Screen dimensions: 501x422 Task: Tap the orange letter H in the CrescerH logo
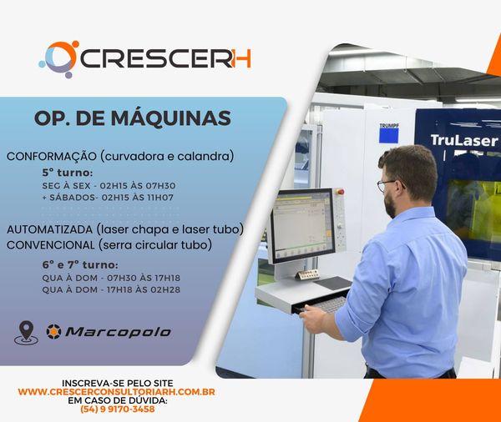[x=242, y=58]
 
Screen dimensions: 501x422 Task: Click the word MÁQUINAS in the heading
[x=170, y=118]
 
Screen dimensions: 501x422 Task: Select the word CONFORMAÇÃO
[x=52, y=157]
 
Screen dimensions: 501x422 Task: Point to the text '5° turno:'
[x=68, y=173]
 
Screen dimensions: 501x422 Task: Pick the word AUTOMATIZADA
[x=49, y=229]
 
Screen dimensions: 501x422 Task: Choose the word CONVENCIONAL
[x=50, y=245]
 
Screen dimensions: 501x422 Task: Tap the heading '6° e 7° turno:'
[x=80, y=265]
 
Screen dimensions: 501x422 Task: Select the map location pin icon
[x=26, y=333]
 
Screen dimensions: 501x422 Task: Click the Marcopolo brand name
[x=118, y=332]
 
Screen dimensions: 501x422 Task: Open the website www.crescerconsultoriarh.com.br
[x=117, y=392]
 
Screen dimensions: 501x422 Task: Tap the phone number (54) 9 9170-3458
[x=118, y=409]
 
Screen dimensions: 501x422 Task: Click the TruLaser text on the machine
[x=464, y=140]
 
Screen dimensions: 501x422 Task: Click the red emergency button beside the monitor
[x=340, y=192]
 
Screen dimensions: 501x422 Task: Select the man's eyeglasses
[x=389, y=184]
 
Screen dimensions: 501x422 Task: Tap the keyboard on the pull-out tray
[x=331, y=304]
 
